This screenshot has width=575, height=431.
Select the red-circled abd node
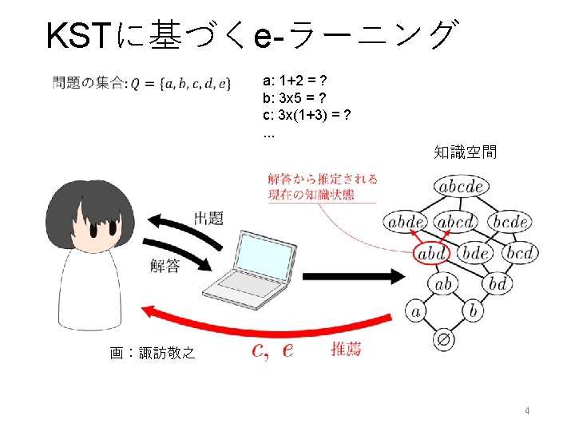pyautogui.click(x=431, y=254)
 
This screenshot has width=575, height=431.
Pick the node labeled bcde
pyautogui.click(x=508, y=221)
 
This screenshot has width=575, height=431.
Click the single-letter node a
pyautogui.click(x=415, y=310)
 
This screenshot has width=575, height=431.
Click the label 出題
pyautogui.click(x=208, y=218)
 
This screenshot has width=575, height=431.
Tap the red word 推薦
pyautogui.click(x=345, y=349)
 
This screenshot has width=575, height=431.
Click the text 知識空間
pyautogui.click(x=466, y=151)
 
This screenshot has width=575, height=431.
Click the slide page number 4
pyautogui.click(x=528, y=411)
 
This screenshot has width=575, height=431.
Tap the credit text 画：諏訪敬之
pyautogui.click(x=152, y=352)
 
